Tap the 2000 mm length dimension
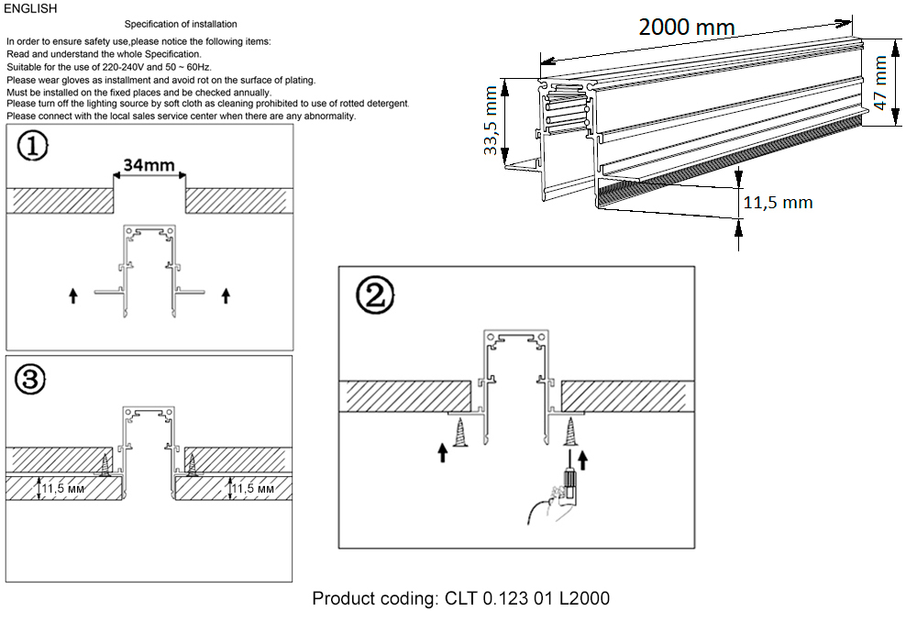686,28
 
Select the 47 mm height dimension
881,83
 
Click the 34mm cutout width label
149,166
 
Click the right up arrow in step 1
226,294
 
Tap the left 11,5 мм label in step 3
67,489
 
